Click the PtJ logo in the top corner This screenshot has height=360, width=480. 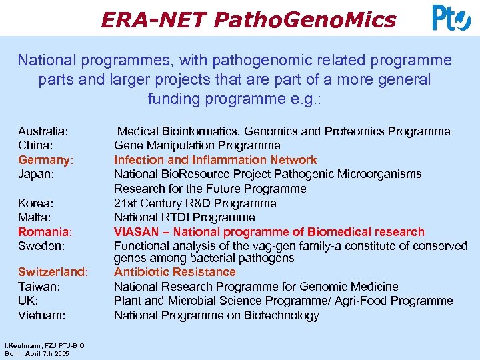pos(451,18)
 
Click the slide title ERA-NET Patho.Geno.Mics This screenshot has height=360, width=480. pos(248,20)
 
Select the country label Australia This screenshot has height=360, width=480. pos(43,131)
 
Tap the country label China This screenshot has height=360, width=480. pos(36,145)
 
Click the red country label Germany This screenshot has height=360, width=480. pos(45,160)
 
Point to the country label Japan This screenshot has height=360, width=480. pos(36,174)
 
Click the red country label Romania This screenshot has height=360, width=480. pos(45,232)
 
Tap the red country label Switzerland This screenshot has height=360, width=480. pos(53,272)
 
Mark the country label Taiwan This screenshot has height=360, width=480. pos(39,287)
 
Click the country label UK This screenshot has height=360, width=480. pos(28,301)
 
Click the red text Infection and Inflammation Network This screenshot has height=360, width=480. pos(215,160)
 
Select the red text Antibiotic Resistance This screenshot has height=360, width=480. pos(175,272)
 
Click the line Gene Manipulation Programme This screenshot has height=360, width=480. pos(197,145)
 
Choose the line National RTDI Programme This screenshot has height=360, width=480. pos(184,217)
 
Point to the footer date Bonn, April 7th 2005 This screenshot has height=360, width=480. pos(37,353)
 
